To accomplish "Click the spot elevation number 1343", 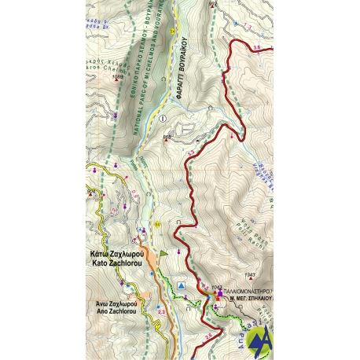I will pos(251,274).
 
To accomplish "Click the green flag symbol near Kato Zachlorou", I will pos(164,253).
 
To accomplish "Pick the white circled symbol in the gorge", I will pos(163,118).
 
